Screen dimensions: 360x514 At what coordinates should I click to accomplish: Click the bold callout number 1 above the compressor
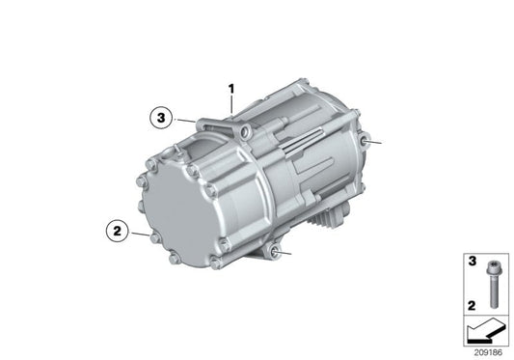point(231,90)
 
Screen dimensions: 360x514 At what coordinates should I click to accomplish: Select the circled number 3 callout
point(162,119)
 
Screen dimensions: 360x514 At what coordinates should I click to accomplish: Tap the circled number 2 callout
point(115,231)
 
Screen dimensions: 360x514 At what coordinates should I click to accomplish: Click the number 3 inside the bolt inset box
point(473,262)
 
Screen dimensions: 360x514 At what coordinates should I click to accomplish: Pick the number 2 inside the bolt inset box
point(473,304)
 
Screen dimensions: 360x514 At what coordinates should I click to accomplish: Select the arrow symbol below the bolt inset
point(486,331)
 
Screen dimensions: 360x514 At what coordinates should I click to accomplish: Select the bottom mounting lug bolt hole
point(280,253)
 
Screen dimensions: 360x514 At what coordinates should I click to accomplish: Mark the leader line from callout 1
point(231,106)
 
